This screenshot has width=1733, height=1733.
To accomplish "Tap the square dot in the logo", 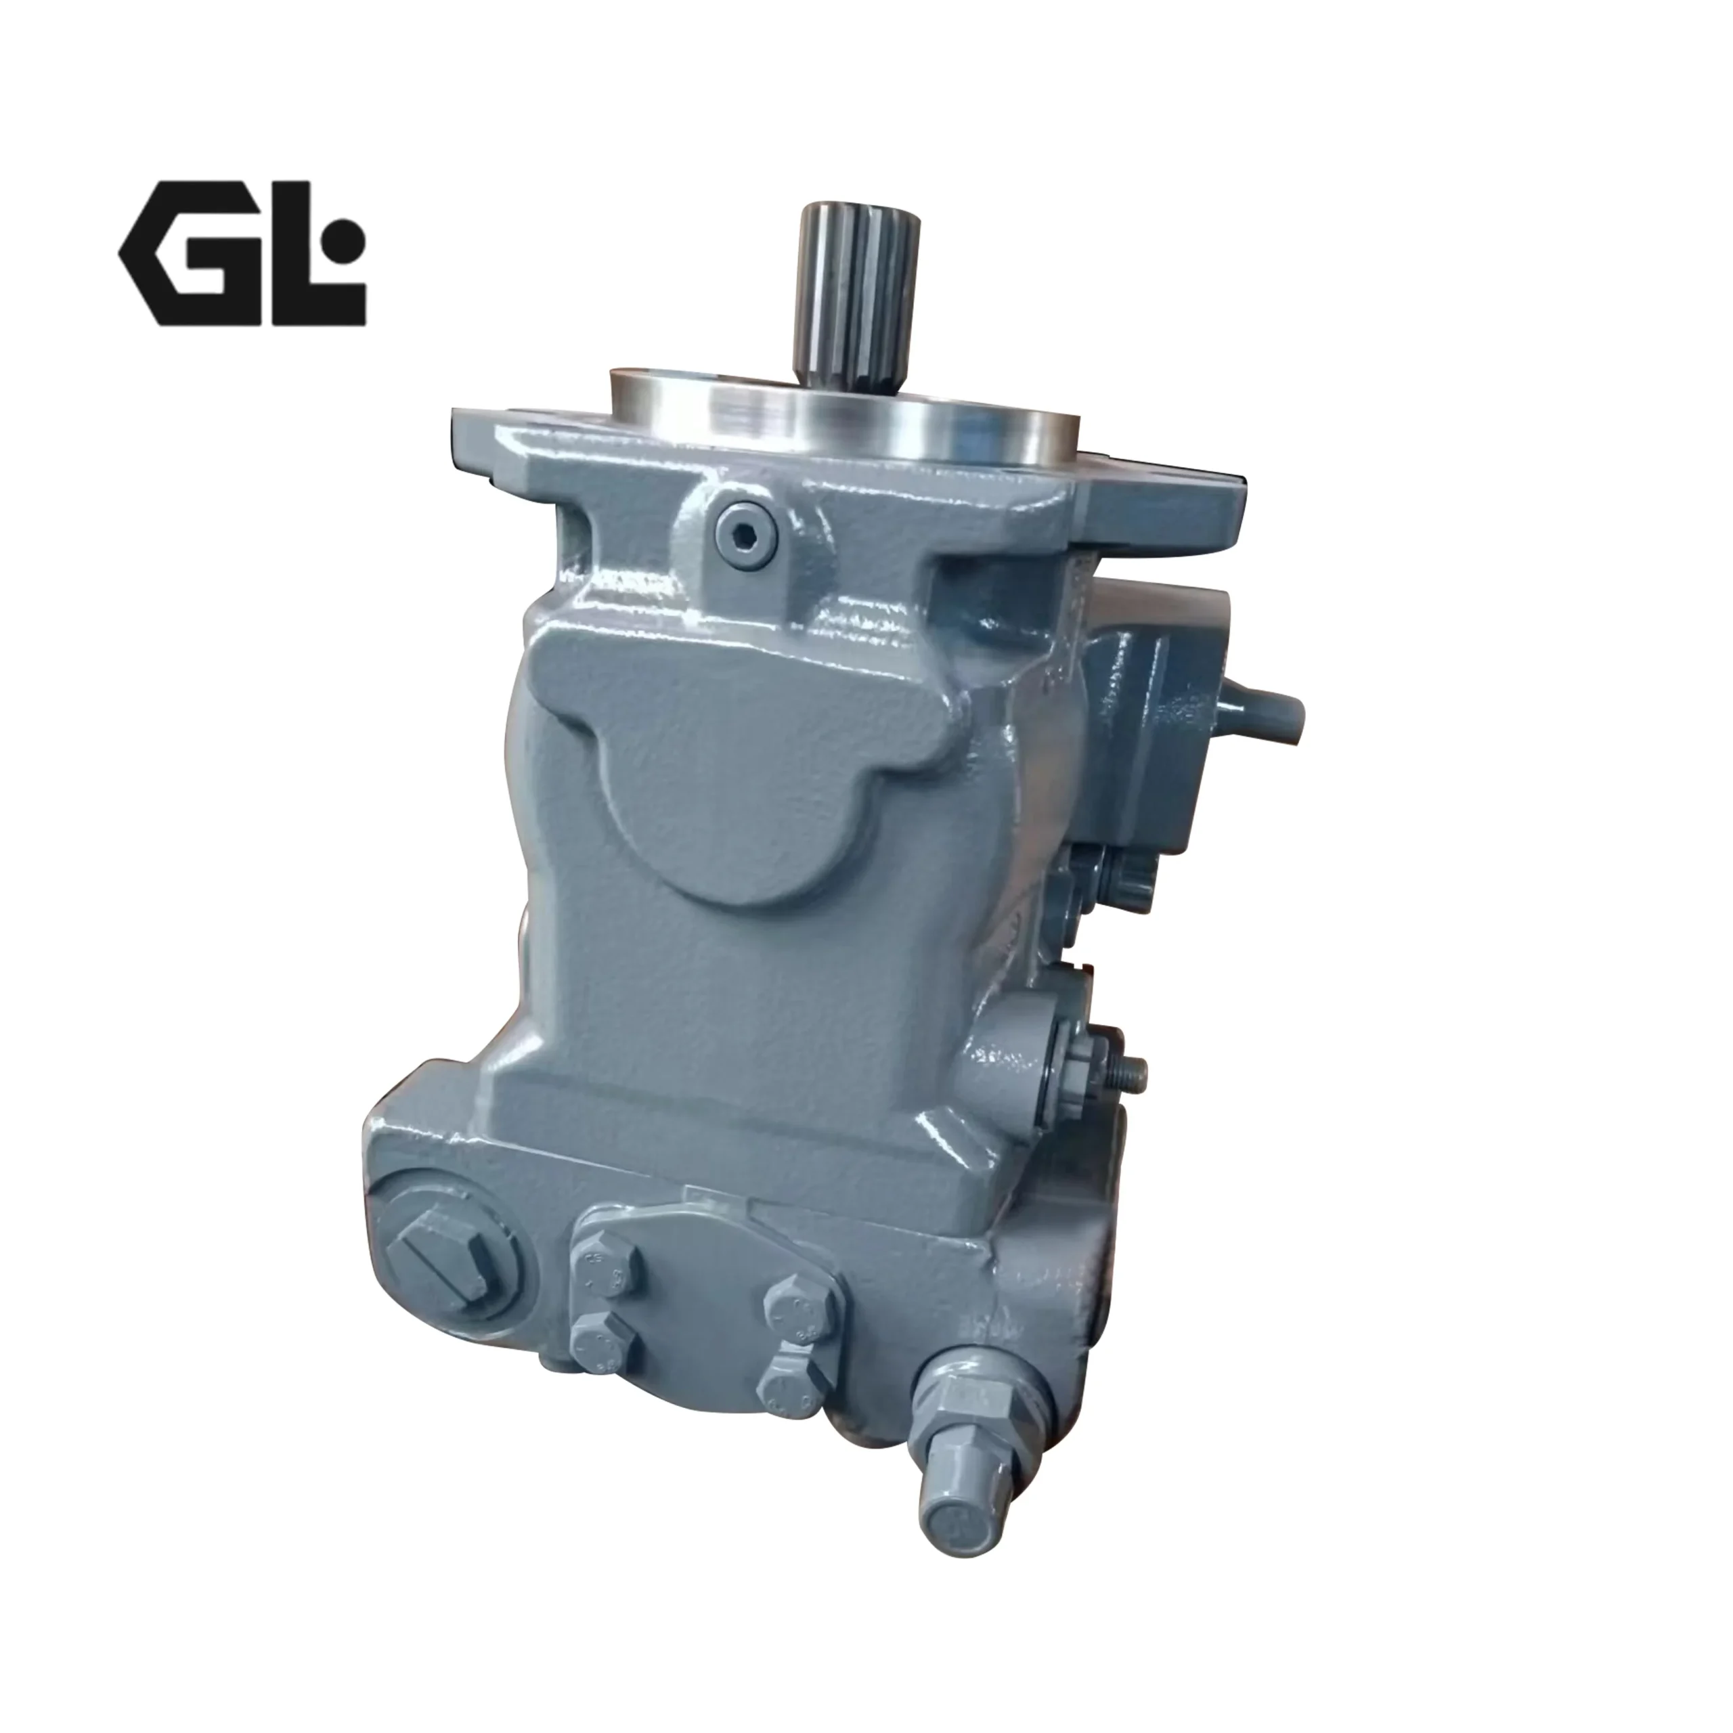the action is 347,240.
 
